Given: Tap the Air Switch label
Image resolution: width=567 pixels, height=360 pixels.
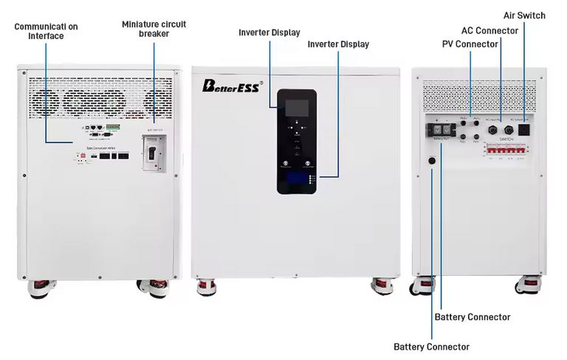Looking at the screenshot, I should [524, 15].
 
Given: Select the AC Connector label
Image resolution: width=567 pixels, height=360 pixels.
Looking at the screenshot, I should [489, 30].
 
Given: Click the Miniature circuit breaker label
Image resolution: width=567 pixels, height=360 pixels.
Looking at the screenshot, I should [154, 29].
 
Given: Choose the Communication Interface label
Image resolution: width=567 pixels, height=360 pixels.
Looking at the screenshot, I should [46, 31].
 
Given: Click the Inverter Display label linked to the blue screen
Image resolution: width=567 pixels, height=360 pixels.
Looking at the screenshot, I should [338, 44].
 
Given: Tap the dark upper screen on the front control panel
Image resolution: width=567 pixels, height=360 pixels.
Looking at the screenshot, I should [297, 107].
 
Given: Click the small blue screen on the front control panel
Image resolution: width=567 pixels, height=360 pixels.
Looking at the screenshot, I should [297, 179].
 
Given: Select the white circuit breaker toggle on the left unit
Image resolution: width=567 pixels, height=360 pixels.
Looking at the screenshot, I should [153, 153].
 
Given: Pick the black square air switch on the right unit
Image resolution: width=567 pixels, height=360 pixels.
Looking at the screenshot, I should [525, 128].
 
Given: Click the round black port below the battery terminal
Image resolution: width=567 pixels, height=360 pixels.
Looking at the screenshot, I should [432, 160].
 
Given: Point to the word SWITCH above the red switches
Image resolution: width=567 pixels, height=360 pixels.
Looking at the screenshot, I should [506, 138].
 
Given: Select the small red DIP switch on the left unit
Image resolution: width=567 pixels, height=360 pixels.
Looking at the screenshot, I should [80, 156].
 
